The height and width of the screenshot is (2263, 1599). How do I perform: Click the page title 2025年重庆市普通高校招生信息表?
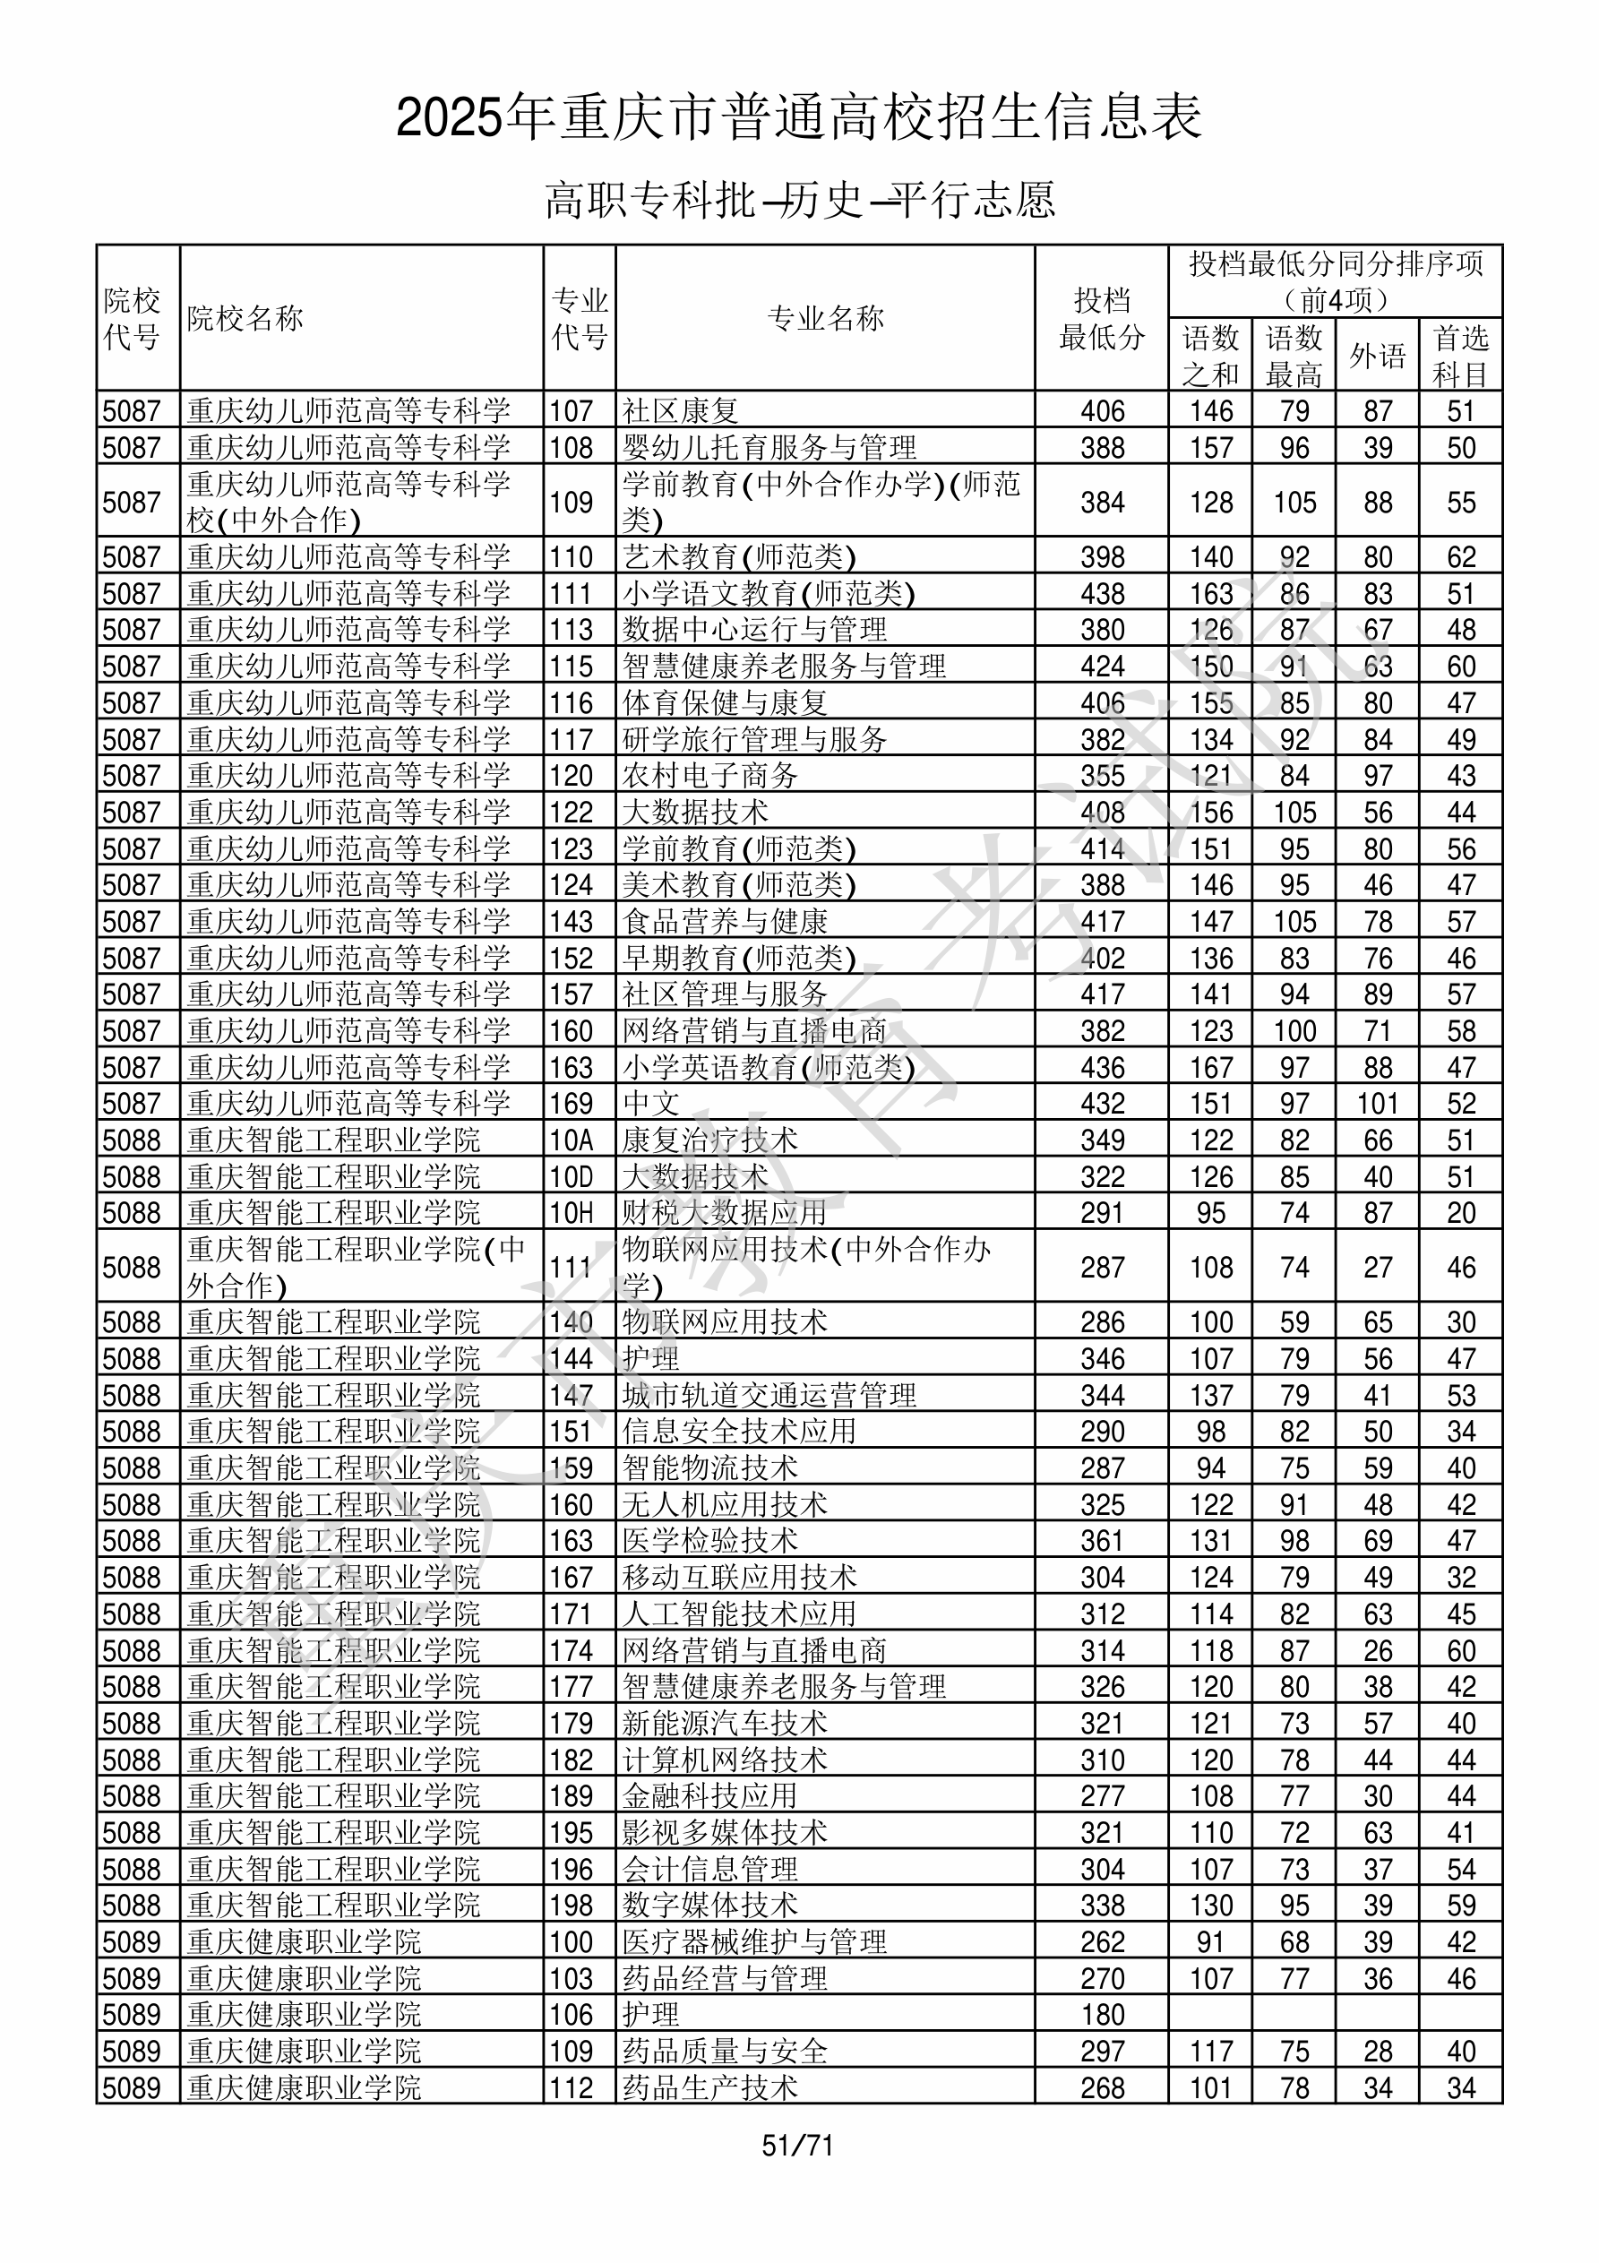(x=798, y=117)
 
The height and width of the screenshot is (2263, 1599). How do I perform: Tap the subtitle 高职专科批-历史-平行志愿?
(x=799, y=200)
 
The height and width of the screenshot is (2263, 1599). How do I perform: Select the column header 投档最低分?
(x=1101, y=318)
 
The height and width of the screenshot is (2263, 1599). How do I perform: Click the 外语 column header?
(x=1377, y=356)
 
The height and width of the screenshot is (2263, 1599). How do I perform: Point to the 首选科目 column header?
(x=1460, y=356)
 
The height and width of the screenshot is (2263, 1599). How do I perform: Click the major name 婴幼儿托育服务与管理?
(x=769, y=447)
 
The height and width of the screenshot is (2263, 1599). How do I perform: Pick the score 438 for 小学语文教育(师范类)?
(x=1102, y=593)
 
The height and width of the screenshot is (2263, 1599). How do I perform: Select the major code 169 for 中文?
(x=572, y=1104)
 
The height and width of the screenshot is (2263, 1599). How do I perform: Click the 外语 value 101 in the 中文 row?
(x=1377, y=1104)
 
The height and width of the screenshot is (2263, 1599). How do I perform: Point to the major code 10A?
(x=572, y=1140)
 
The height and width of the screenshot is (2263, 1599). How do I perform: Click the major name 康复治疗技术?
(x=709, y=1140)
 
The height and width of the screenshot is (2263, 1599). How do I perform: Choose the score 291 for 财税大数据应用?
(x=1102, y=1213)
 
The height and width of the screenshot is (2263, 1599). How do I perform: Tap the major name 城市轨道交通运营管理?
(x=769, y=1396)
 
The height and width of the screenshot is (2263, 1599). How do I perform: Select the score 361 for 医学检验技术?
(x=1102, y=1542)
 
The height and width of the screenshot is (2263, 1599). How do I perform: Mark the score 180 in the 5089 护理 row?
(x=1102, y=2016)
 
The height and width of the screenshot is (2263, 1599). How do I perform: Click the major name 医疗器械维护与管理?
(x=754, y=1942)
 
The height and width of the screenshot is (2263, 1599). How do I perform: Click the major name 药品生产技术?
(x=709, y=2088)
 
